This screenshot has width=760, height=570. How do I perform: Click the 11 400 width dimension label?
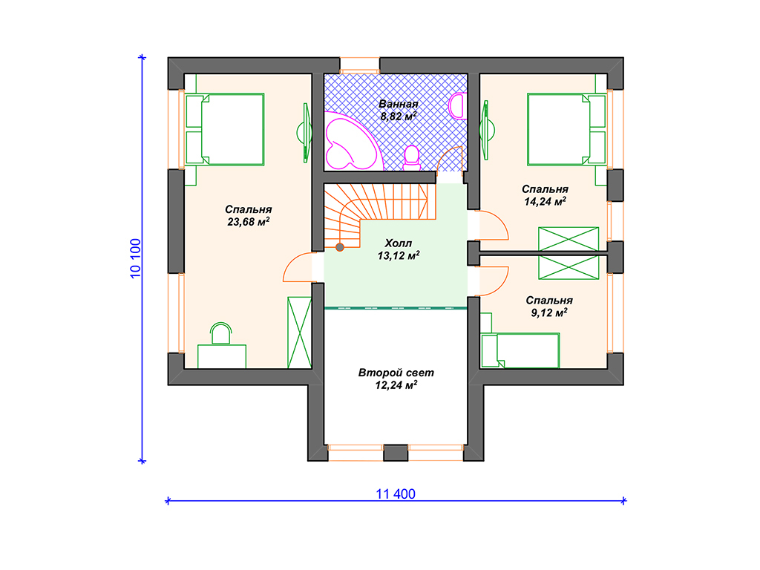click(x=396, y=494)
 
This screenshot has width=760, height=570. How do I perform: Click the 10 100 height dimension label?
click(x=136, y=258)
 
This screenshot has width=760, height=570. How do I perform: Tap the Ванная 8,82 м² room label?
click(x=399, y=110)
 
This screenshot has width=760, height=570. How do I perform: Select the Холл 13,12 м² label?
click(x=399, y=249)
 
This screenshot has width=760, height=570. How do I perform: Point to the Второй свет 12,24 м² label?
click(x=396, y=379)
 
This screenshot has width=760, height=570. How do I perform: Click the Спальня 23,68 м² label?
click(x=248, y=216)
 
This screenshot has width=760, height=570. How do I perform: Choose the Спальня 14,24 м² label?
click(x=545, y=195)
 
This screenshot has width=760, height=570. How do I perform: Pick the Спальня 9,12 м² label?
click(x=548, y=307)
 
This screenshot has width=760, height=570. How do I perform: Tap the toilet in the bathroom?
click(x=411, y=158)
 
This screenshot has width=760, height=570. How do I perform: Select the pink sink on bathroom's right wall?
click(x=457, y=106)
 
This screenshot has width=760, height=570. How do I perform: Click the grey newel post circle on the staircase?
click(x=340, y=247)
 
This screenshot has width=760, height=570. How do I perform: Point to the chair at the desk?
click(x=221, y=333)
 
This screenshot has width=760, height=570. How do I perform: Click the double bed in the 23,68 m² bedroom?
click(x=225, y=129)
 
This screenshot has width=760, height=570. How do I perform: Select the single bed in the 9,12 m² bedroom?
click(x=520, y=350)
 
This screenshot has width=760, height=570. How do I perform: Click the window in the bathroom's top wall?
click(x=359, y=66)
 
